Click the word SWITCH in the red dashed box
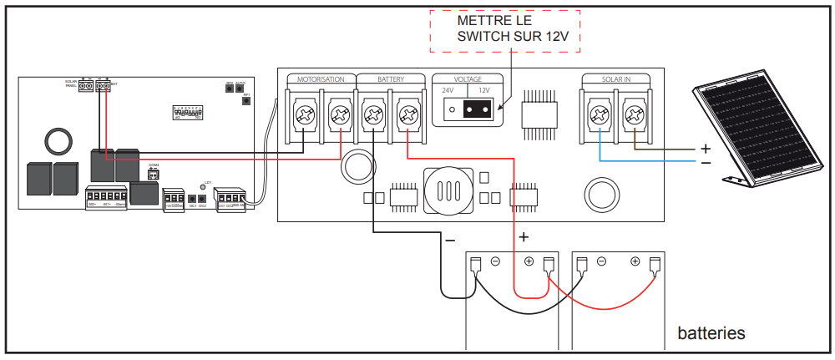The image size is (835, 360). (483, 36)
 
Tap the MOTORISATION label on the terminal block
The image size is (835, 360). (321, 79)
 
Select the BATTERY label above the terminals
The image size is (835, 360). (391, 79)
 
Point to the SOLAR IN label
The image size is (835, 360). (616, 79)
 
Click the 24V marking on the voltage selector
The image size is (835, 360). (448, 90)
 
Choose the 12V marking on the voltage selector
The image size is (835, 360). (483, 90)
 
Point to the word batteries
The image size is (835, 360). (711, 333)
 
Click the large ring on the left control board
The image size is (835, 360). (58, 140)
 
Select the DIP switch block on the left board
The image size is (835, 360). (187, 114)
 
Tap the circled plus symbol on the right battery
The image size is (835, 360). (635, 261)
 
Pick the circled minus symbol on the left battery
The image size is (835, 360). (495, 261)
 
